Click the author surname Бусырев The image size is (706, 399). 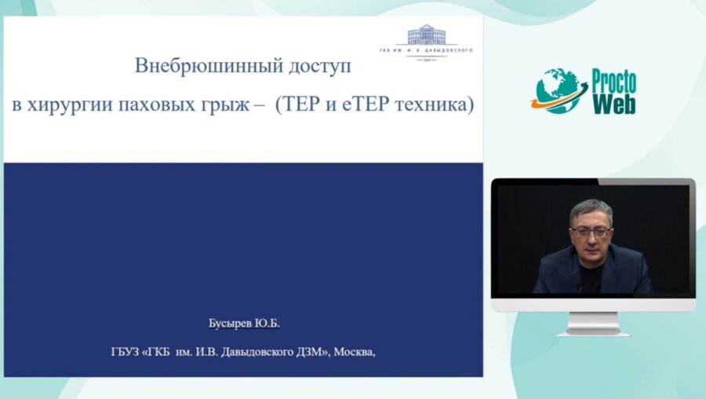(x=227, y=323)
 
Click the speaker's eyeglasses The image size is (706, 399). (x=591, y=232)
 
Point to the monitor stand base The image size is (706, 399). (x=593, y=331)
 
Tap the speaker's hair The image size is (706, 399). (x=591, y=208)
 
